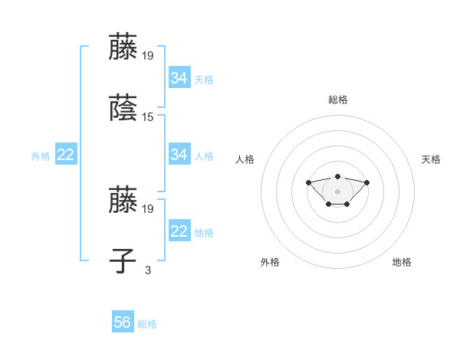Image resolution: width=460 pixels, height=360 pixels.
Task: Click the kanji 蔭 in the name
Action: coord(123,110)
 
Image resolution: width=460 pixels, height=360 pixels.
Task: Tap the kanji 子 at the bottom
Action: coord(123,261)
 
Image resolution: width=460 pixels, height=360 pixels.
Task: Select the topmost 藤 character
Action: coord(123,47)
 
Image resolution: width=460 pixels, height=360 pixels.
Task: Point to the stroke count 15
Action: coord(148,117)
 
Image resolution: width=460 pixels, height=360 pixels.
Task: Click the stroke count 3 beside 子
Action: coord(148,269)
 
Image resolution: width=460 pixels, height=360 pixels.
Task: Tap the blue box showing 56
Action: coord(123,322)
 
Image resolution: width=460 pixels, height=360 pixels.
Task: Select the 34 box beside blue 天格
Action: coord(179,78)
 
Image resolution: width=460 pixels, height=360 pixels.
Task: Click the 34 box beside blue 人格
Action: coord(179,155)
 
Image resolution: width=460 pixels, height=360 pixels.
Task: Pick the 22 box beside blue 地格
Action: coord(179,231)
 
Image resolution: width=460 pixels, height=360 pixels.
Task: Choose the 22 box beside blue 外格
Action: coord(66,155)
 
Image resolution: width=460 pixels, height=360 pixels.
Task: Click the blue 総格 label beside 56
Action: coord(147,324)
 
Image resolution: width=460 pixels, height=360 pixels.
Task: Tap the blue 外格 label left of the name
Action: coord(41,156)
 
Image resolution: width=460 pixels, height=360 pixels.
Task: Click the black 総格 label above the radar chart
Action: coord(338,100)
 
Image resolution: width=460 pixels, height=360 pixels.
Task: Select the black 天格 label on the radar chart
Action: coord(431,159)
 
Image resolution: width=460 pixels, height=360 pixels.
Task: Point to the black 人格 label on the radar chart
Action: coord(245,159)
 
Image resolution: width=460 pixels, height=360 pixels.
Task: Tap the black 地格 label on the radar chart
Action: coord(402,262)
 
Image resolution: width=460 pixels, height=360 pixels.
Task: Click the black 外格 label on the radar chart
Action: coord(270,262)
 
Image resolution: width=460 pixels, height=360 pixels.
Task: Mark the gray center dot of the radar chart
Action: coord(337,191)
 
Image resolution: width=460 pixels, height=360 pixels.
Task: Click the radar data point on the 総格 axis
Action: coord(337,176)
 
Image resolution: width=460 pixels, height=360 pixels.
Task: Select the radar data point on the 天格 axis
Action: coord(366,182)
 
